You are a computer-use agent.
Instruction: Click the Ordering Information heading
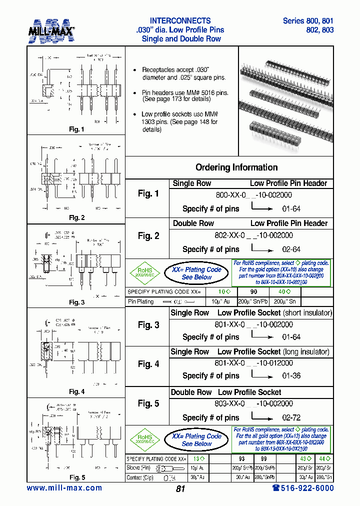[236, 167]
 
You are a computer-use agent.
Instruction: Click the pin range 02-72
[291, 417]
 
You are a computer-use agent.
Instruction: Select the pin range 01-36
[291, 375]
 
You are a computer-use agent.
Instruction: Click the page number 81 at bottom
[180, 489]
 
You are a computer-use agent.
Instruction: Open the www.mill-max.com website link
[64, 488]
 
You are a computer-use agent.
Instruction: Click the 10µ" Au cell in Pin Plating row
[220, 301]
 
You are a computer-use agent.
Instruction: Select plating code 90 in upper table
[253, 291]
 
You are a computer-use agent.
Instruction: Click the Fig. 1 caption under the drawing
[76, 129]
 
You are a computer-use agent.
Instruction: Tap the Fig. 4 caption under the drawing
[76, 391]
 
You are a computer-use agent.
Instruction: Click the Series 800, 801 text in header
[308, 21]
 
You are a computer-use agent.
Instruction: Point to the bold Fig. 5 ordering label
[148, 403]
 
